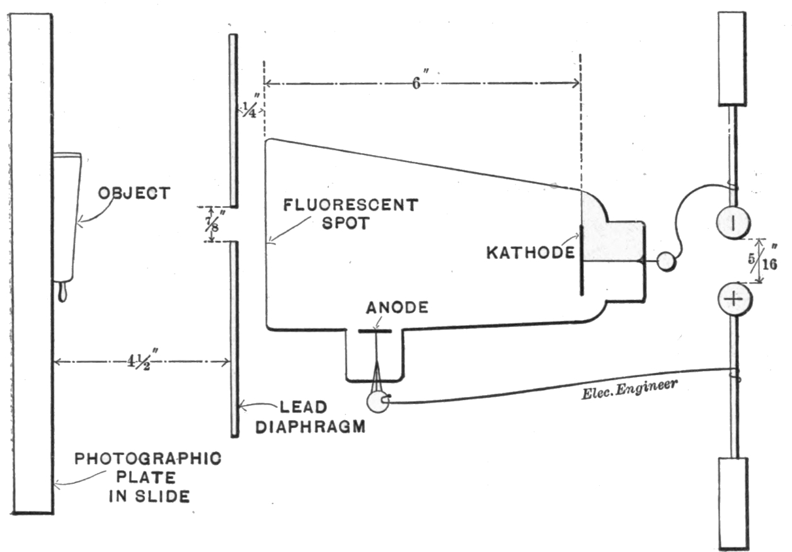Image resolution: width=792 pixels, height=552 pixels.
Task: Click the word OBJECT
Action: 134,193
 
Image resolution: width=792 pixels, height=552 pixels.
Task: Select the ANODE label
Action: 397,308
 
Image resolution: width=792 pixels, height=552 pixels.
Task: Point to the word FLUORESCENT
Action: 351,205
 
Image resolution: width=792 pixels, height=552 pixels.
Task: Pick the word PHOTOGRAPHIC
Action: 149,458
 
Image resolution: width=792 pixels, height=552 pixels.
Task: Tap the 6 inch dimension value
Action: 416,83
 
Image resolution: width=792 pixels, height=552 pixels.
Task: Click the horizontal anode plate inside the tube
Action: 375,330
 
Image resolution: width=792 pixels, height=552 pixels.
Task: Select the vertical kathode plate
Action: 581,260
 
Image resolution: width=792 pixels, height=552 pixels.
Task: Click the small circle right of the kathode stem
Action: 665,261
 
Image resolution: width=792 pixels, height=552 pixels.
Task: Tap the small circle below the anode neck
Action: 379,401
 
